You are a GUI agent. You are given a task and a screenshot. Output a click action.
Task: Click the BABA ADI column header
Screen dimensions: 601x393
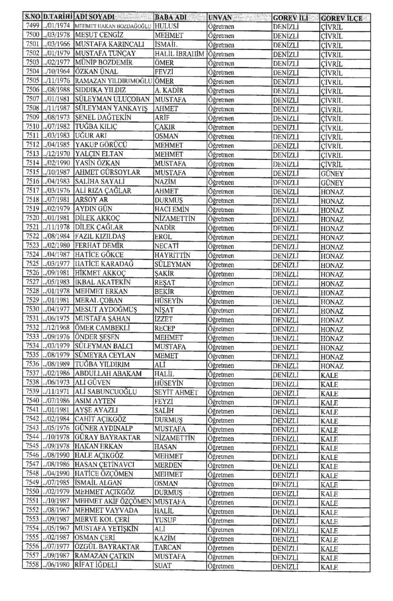click(x=171, y=18)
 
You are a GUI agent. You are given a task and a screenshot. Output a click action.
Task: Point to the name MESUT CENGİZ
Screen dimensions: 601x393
click(x=99, y=35)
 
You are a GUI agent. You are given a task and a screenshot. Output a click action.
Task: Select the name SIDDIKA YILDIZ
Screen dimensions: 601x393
click(x=101, y=90)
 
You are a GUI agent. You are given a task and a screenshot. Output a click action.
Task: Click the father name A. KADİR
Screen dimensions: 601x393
click(x=169, y=90)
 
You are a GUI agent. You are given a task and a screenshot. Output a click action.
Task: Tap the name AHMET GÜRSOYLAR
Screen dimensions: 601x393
click(x=108, y=173)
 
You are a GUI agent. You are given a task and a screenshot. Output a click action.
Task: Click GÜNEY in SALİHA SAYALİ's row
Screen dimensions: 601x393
click(x=332, y=183)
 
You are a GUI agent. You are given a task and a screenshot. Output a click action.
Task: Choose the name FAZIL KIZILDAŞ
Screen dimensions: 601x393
click(x=100, y=237)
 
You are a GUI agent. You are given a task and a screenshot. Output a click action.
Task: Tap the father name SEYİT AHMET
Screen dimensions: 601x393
click(x=176, y=392)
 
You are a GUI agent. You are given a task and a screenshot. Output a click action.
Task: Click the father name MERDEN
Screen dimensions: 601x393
click(x=168, y=465)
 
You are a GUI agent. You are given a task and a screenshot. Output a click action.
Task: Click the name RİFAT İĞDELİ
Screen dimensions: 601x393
click(x=96, y=565)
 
